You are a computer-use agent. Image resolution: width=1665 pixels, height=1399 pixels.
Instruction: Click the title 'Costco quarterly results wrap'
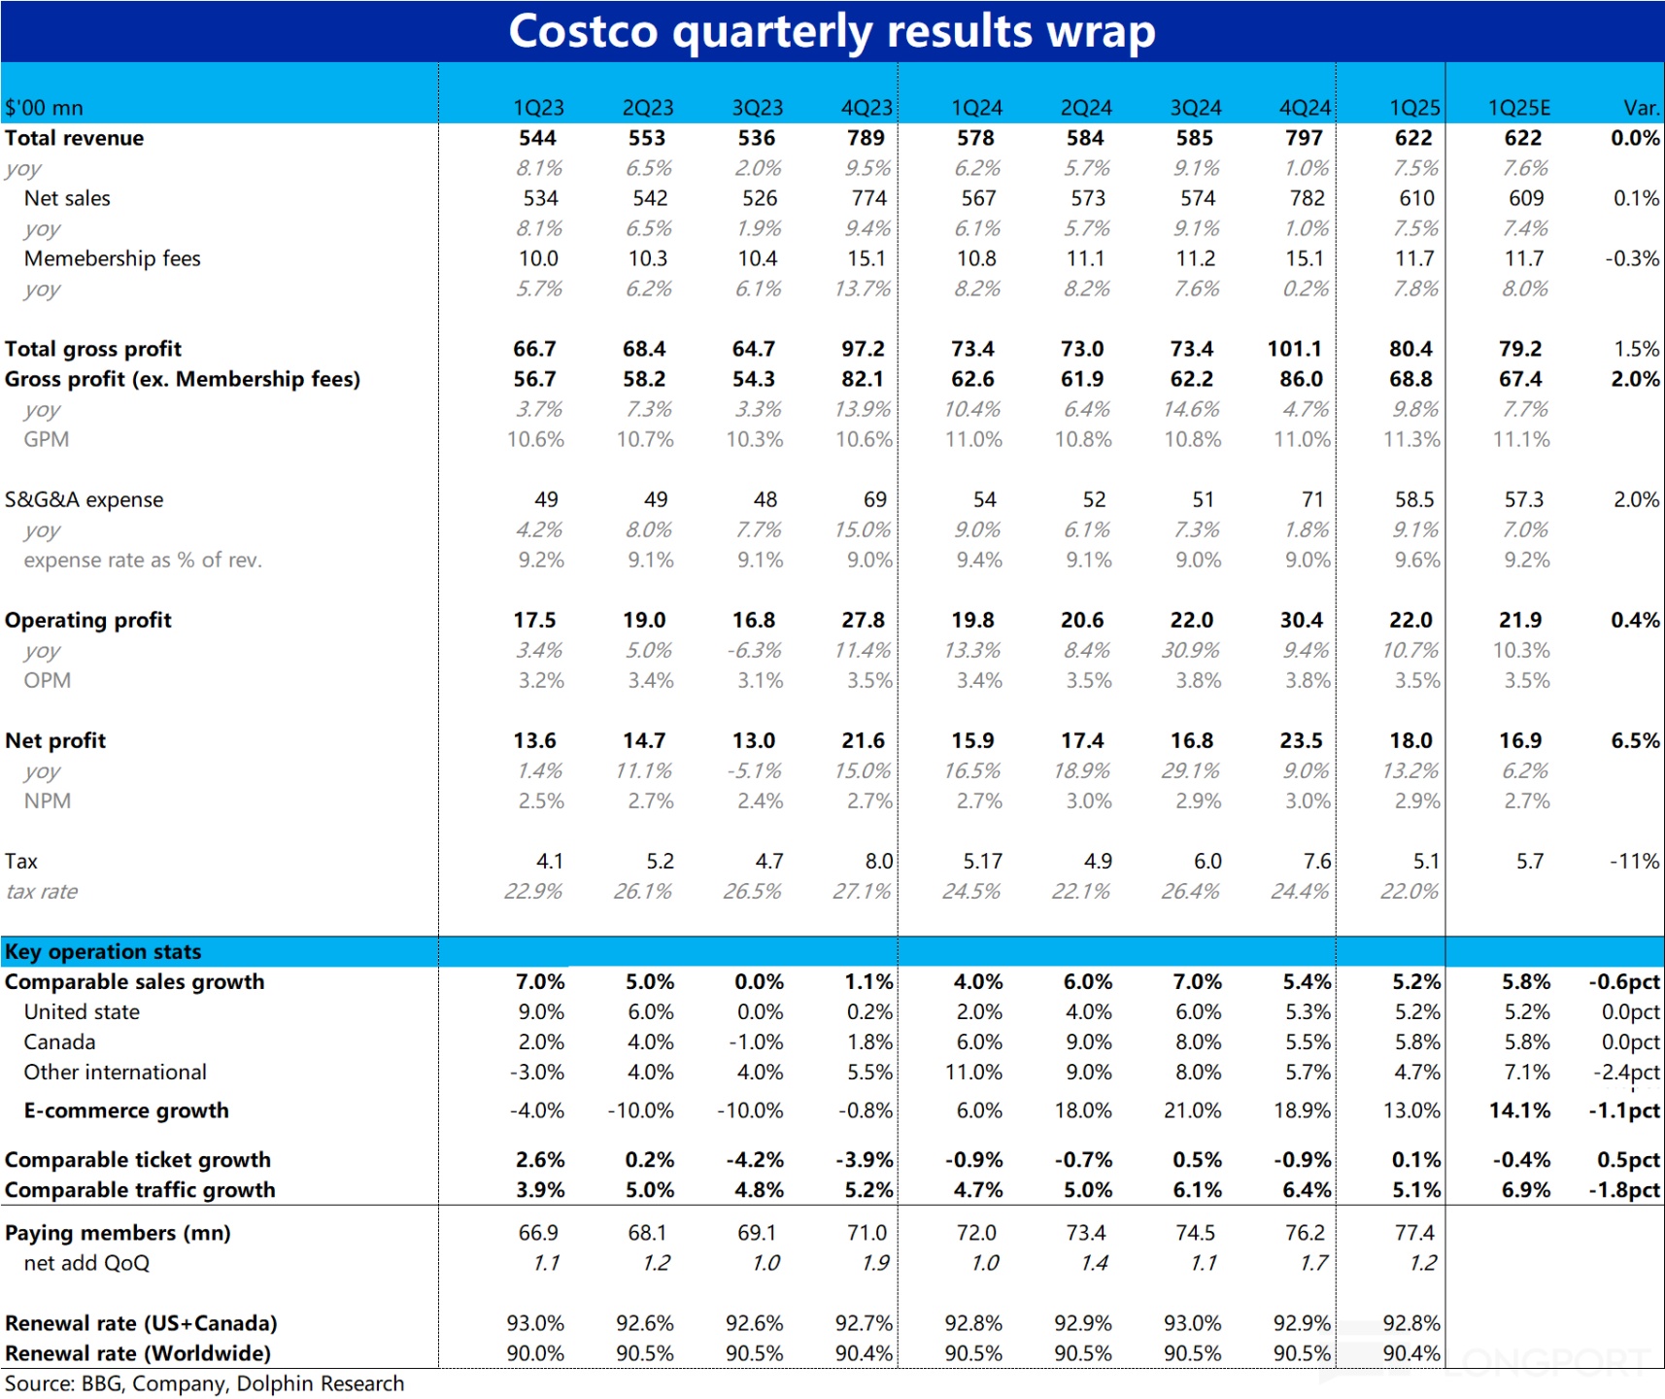click(x=832, y=31)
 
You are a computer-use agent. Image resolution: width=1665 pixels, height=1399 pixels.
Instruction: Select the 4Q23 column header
click(x=866, y=108)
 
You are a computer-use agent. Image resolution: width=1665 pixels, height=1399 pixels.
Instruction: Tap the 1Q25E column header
click(x=1519, y=108)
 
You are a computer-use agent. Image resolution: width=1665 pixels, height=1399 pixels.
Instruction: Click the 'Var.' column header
click(x=1642, y=108)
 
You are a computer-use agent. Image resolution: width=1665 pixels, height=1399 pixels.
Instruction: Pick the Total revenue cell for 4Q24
click(x=1304, y=138)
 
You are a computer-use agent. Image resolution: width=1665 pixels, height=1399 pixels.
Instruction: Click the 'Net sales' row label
click(x=67, y=198)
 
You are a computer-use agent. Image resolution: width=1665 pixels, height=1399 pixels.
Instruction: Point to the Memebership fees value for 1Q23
click(x=538, y=258)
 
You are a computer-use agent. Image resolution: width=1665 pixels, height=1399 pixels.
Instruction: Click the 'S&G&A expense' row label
click(x=85, y=499)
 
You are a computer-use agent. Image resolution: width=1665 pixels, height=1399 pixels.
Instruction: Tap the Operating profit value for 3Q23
click(x=754, y=620)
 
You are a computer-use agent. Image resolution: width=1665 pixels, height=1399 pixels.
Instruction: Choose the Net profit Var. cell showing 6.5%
click(x=1635, y=740)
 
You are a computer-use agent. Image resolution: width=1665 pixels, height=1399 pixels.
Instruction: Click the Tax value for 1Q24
click(x=981, y=861)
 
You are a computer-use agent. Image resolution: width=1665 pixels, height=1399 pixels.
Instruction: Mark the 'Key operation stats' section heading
click(x=103, y=951)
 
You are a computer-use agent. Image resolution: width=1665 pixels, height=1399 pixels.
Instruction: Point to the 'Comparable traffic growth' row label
click(x=140, y=1189)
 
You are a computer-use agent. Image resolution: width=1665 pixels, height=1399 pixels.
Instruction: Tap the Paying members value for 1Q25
click(x=1413, y=1232)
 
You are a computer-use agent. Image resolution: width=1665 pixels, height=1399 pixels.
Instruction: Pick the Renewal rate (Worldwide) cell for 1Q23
click(x=535, y=1352)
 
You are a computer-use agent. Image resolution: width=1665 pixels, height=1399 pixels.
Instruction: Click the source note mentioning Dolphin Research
click(x=204, y=1383)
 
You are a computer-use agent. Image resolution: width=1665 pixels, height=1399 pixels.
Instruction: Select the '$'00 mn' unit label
click(x=44, y=108)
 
